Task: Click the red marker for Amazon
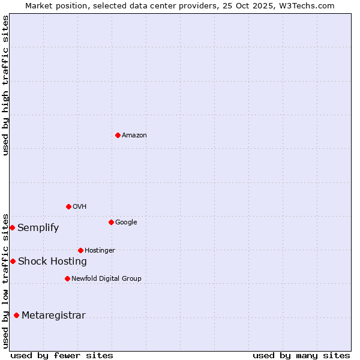point(118,135)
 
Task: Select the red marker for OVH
point(68,206)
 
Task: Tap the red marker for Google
point(111,222)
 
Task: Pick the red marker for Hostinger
point(80,250)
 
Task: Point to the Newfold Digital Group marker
point(67,278)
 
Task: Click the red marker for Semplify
point(12,227)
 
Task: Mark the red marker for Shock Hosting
point(13,261)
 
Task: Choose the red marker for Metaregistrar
point(16,315)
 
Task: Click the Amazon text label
point(134,136)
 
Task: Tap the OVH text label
point(80,207)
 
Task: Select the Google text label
point(126,223)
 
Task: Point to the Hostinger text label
point(100,251)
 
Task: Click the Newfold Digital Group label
point(106,279)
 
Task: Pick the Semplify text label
point(38,228)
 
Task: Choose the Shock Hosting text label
point(52,262)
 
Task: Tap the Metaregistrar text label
point(53,316)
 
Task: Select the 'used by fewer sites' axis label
point(62,355)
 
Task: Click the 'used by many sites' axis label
point(301,355)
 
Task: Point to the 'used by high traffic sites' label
point(5,85)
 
